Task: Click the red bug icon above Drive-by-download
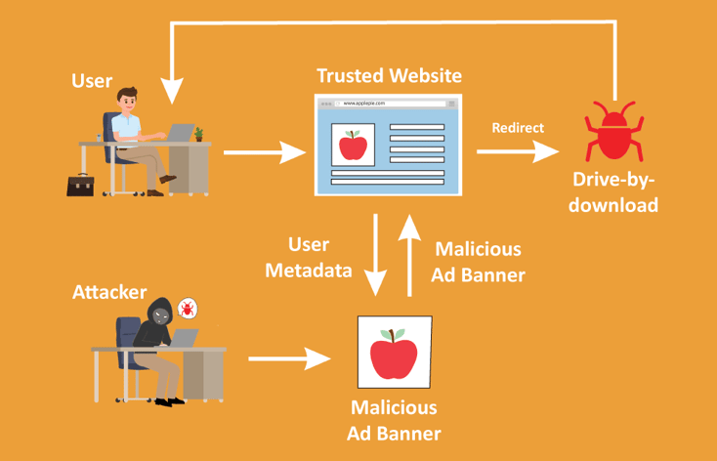click(x=613, y=134)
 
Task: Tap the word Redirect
click(x=518, y=128)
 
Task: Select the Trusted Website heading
click(x=389, y=75)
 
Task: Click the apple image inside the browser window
click(x=352, y=147)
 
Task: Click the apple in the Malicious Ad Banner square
click(x=394, y=353)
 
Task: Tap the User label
click(x=92, y=80)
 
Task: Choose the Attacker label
click(x=109, y=292)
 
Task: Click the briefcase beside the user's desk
click(x=81, y=184)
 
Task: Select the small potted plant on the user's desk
click(x=198, y=134)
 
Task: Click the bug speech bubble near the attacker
click(x=187, y=310)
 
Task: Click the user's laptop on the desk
click(x=181, y=132)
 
